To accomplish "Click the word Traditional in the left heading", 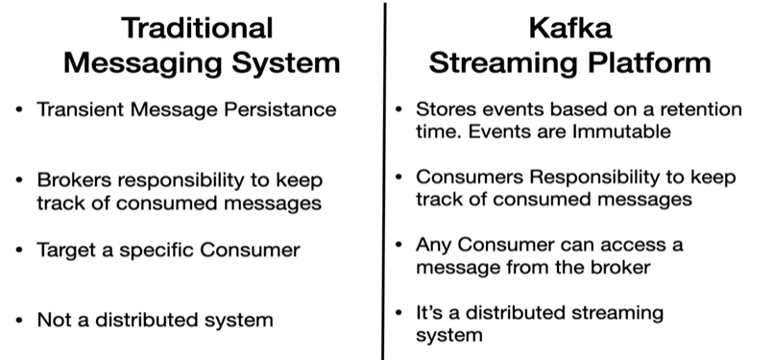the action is click(x=197, y=28).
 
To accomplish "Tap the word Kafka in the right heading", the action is click(x=570, y=28).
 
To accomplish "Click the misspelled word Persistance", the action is click(x=279, y=109).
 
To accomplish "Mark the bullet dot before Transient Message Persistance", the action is click(x=19, y=109).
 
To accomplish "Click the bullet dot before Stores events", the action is click(x=399, y=109).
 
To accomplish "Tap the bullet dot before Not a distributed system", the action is click(x=19, y=321).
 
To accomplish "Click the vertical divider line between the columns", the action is click(x=384, y=181).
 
